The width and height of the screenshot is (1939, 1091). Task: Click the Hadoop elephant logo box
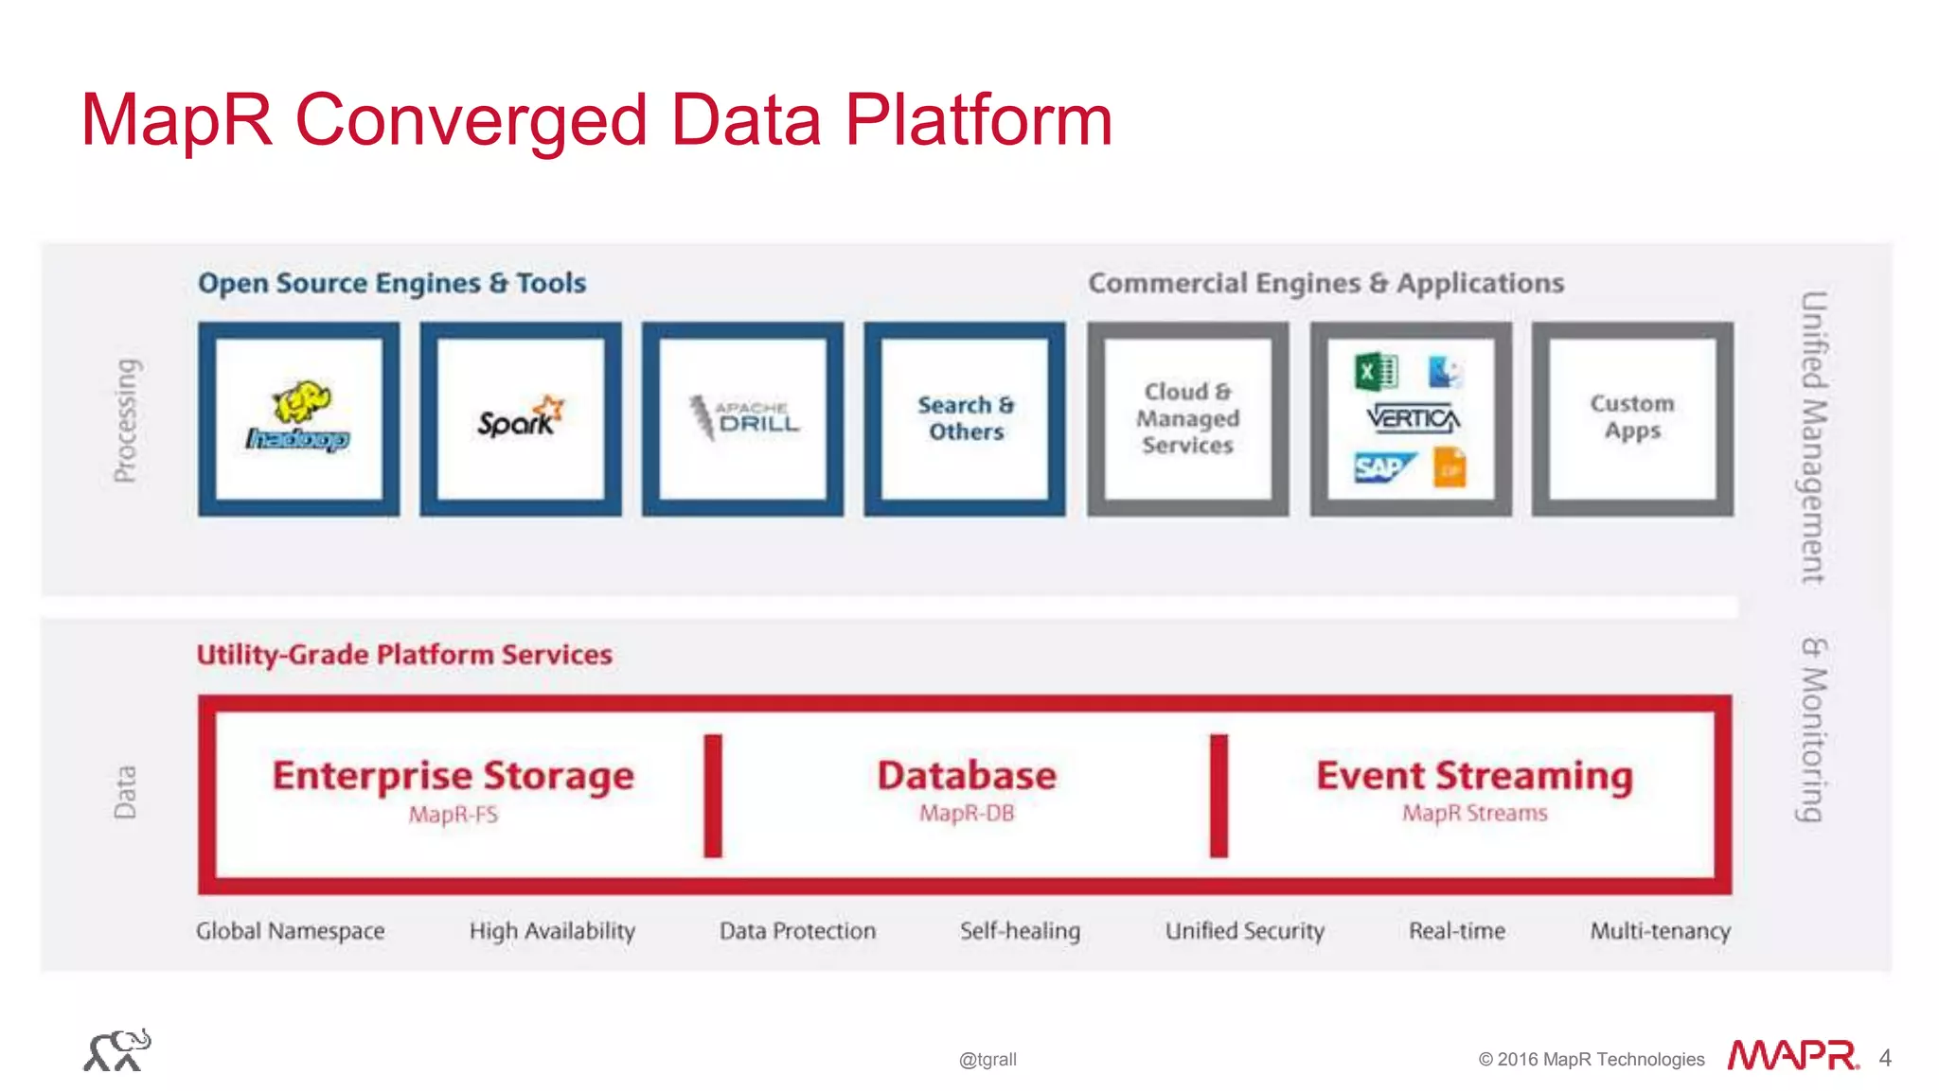coord(299,419)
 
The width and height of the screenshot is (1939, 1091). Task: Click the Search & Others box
coord(965,418)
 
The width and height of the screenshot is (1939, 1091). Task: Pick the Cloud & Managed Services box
coord(1187,418)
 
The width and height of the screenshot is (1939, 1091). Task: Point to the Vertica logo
coord(1413,417)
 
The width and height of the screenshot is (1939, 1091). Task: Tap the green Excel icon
coord(1376,372)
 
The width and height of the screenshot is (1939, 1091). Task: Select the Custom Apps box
coord(1632,418)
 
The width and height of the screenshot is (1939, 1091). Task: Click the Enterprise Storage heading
coord(454,776)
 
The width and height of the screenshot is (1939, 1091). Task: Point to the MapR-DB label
coord(967,814)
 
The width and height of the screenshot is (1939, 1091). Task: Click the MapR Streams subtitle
coord(1474,814)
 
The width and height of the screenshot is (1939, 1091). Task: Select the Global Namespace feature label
coord(291,931)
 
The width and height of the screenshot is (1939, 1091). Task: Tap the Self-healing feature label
coord(1020,931)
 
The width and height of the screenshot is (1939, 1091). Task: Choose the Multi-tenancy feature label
coord(1660,931)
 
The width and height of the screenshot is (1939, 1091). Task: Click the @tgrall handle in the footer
coord(987,1060)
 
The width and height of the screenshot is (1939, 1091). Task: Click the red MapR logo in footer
coord(1792,1056)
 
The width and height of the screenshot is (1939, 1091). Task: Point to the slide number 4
coord(1884,1058)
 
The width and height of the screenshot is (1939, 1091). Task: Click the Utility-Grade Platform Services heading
coord(404,655)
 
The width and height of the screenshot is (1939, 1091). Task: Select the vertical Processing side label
coord(126,421)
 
